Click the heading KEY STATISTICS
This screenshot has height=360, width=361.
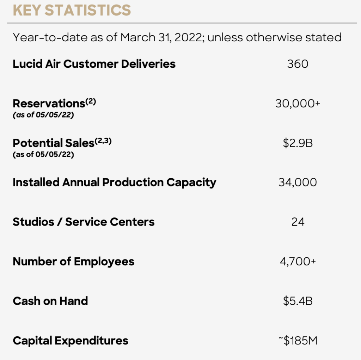point(72,10)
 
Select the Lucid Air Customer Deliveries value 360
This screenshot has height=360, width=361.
point(298,64)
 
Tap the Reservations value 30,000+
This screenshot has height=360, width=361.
point(298,103)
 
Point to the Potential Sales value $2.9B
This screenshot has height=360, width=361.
point(298,143)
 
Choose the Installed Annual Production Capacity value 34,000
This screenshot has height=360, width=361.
point(298,182)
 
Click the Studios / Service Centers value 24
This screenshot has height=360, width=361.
point(298,222)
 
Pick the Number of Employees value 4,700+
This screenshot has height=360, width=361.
point(298,262)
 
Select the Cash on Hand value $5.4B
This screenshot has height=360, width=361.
point(298,301)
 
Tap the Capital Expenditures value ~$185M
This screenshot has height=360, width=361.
point(298,341)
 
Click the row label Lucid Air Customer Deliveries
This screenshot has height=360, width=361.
point(94,64)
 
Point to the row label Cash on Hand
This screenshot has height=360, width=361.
point(50,301)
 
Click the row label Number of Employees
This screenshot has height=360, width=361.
point(73,262)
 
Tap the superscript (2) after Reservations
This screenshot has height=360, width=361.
point(91,101)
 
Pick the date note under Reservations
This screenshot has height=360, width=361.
point(43,115)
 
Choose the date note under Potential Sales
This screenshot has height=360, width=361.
point(43,155)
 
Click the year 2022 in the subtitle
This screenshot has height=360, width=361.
point(188,37)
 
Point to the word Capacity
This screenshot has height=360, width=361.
point(191,183)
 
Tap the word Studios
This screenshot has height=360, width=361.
point(33,222)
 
